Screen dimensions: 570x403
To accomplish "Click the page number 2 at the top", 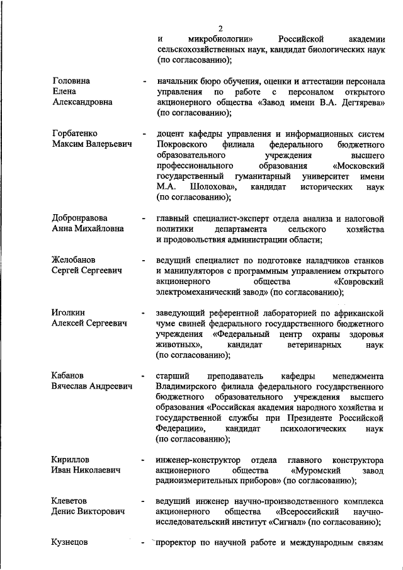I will pyautogui.click(x=220, y=28).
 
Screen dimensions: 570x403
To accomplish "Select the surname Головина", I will pyautogui.click(x=71, y=81).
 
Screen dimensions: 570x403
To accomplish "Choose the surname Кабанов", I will pyautogui.click(x=68, y=376).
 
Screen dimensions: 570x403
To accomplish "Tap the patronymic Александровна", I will pyautogui.click(x=84, y=103).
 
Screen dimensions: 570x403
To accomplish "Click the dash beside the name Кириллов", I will pyautogui.click(x=145, y=460).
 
